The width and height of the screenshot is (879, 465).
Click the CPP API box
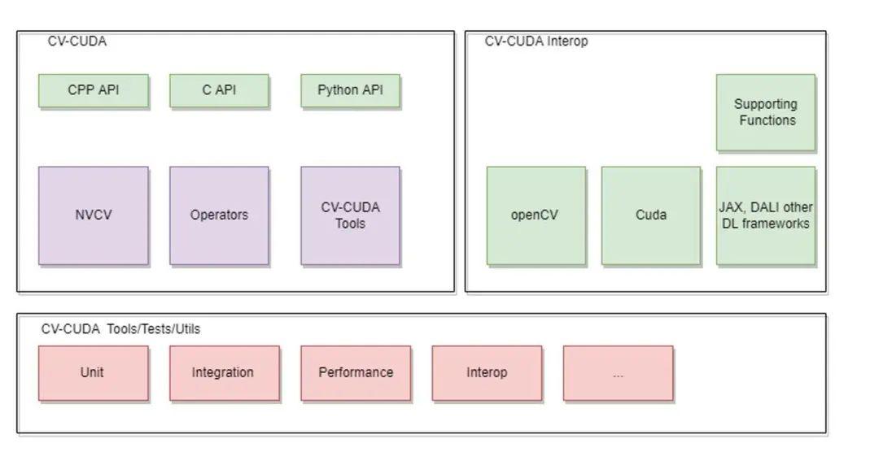point(93,90)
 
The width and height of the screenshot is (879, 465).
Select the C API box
point(219,90)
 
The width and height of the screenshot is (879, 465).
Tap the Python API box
point(350,90)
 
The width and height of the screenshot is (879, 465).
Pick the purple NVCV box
point(93,215)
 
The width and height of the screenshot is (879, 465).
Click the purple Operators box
point(219,215)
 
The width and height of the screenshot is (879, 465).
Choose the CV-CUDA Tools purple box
point(350,215)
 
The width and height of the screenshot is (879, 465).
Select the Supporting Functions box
point(765,112)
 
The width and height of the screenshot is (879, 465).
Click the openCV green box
point(536,215)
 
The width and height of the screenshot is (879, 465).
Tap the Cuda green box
point(650,215)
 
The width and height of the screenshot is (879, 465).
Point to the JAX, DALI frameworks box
point(765,215)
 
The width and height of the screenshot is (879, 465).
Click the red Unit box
point(93,372)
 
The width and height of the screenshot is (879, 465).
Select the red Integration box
point(224,372)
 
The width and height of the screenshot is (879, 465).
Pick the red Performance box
point(356,372)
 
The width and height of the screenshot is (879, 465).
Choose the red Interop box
point(487,372)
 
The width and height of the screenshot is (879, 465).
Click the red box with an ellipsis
point(618,373)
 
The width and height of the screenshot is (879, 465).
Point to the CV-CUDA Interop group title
point(536,41)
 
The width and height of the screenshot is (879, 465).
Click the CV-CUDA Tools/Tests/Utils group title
point(120,329)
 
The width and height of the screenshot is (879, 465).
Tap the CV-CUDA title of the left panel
point(77,41)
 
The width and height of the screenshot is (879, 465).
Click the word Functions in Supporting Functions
point(767,120)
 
